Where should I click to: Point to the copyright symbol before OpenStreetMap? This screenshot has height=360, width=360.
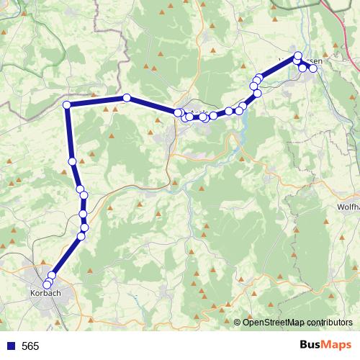click(238, 322)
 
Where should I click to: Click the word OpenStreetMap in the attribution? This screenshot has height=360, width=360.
click(273, 322)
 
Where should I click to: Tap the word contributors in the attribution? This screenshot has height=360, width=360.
click(328, 322)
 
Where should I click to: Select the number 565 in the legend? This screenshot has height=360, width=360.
click(30, 346)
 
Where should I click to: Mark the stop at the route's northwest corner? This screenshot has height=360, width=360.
click(67, 106)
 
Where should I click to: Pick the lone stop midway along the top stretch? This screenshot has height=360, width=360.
click(127, 98)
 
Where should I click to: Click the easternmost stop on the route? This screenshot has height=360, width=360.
click(312, 68)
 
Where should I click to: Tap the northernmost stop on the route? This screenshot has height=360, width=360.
click(298, 55)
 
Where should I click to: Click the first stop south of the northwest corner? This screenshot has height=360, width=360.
click(72, 161)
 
